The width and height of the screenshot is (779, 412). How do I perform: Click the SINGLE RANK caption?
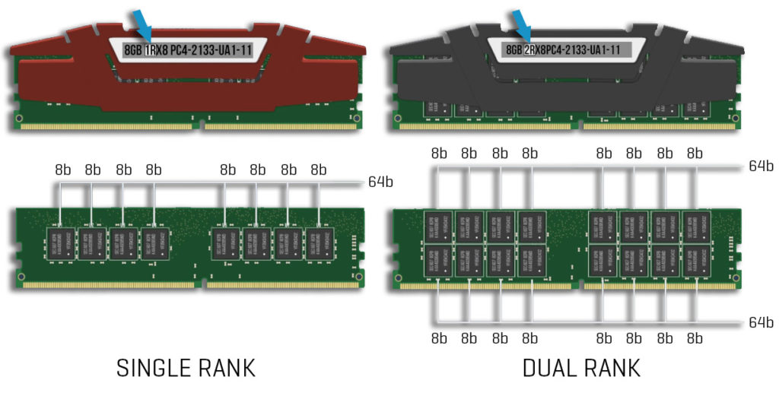(x=185, y=368)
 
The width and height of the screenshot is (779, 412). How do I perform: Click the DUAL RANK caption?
(x=581, y=368)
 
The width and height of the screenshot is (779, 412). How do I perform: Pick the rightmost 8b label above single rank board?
(x=318, y=169)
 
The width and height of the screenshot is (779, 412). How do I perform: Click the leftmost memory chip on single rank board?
(x=61, y=241)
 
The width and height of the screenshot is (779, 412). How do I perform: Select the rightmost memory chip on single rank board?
(x=319, y=241)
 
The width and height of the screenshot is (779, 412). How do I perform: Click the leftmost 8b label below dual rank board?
(x=439, y=338)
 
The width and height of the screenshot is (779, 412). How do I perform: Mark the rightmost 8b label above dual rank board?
(x=695, y=153)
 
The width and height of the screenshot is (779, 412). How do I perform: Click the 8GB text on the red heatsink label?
(x=132, y=50)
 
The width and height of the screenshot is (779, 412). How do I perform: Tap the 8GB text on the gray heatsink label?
(x=513, y=50)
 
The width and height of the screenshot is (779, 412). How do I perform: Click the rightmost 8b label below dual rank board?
(x=695, y=338)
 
